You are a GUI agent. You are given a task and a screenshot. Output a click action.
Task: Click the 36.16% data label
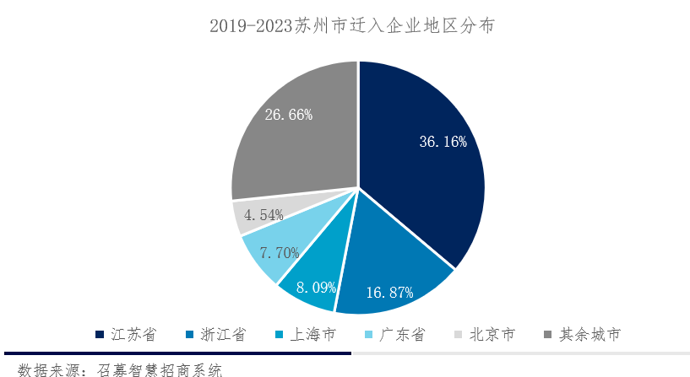443,142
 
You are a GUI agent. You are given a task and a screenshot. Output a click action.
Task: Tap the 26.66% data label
289,114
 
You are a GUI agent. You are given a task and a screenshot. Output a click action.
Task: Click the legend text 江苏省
135,335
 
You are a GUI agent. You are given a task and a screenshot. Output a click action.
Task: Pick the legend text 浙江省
223,335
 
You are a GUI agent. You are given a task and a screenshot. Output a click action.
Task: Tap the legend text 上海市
312,335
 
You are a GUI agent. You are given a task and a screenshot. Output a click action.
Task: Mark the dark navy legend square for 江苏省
101,335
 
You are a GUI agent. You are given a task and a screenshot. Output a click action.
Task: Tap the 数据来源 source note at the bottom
118,369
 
